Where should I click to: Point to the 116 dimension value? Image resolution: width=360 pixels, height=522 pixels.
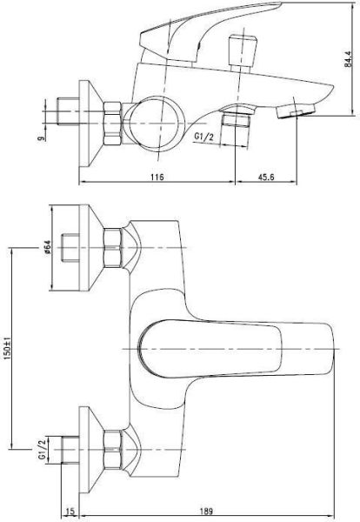click(157, 177)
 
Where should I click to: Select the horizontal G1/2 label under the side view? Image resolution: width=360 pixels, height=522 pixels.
click(205, 136)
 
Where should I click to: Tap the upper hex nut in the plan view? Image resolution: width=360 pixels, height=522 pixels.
click(112, 247)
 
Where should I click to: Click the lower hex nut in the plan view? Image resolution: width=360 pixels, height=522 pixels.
click(112, 449)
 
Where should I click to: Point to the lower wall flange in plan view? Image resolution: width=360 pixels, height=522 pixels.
click(90, 449)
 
